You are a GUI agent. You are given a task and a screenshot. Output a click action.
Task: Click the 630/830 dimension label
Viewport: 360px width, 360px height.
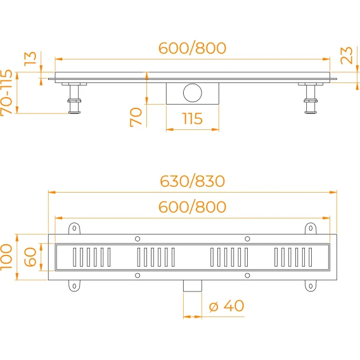pyautogui.click(x=193, y=181)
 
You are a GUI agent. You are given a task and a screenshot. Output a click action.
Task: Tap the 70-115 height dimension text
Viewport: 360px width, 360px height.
pyautogui.click(x=6, y=93)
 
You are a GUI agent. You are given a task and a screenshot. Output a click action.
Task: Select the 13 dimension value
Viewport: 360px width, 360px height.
pyautogui.click(x=30, y=59)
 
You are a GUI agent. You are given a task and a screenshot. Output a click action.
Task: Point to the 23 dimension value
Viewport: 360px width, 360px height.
pyautogui.click(x=347, y=55)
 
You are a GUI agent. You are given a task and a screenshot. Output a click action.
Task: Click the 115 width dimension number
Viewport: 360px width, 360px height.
pyautogui.click(x=193, y=119)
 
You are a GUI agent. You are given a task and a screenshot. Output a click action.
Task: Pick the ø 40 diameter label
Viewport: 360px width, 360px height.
pyautogui.click(x=226, y=306)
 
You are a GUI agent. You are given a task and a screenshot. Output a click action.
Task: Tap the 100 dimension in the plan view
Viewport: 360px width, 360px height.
pyautogui.click(x=6, y=257)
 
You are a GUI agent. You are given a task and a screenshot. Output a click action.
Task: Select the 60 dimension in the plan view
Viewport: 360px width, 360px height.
pyautogui.click(x=30, y=257)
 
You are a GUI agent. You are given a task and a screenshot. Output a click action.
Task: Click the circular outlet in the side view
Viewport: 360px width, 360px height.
pyautogui.click(x=193, y=93)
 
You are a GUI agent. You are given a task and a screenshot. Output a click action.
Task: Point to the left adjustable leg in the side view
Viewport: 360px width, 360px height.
pyautogui.click(x=74, y=98)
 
